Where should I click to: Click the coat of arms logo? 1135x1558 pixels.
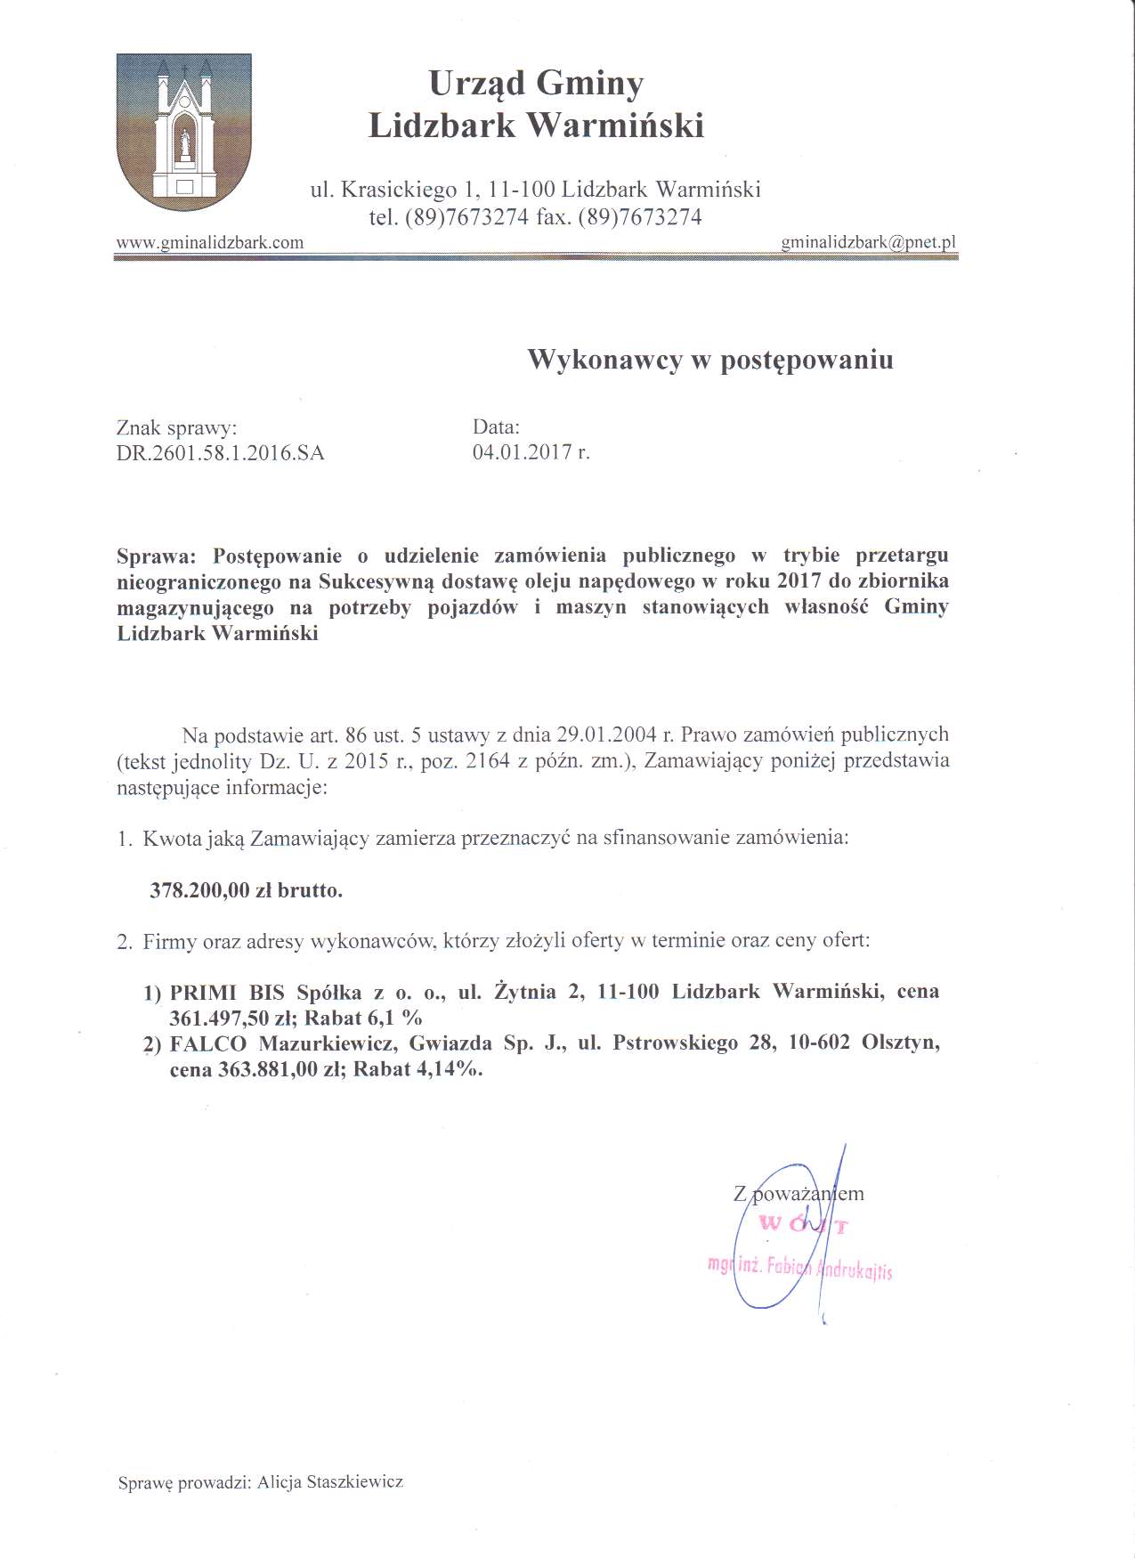tap(184, 131)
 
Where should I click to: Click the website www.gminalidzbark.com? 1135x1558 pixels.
tap(210, 242)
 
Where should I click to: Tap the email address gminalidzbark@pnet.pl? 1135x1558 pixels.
tap(868, 242)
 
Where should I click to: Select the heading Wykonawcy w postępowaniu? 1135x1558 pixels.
tap(709, 360)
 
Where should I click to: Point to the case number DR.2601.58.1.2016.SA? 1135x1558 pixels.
tap(220, 453)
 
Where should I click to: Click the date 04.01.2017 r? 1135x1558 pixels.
tap(531, 451)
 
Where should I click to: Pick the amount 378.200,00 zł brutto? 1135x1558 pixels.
tap(246, 890)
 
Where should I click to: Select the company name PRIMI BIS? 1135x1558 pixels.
tap(227, 992)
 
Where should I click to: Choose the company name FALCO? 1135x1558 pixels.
tap(207, 1043)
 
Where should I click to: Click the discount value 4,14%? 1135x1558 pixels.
tap(450, 1069)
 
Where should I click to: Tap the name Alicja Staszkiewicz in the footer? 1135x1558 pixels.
tap(330, 1482)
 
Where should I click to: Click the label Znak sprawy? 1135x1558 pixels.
tap(176, 428)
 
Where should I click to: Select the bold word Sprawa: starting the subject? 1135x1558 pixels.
tap(156, 556)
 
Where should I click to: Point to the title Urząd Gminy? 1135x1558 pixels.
tap(536, 84)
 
